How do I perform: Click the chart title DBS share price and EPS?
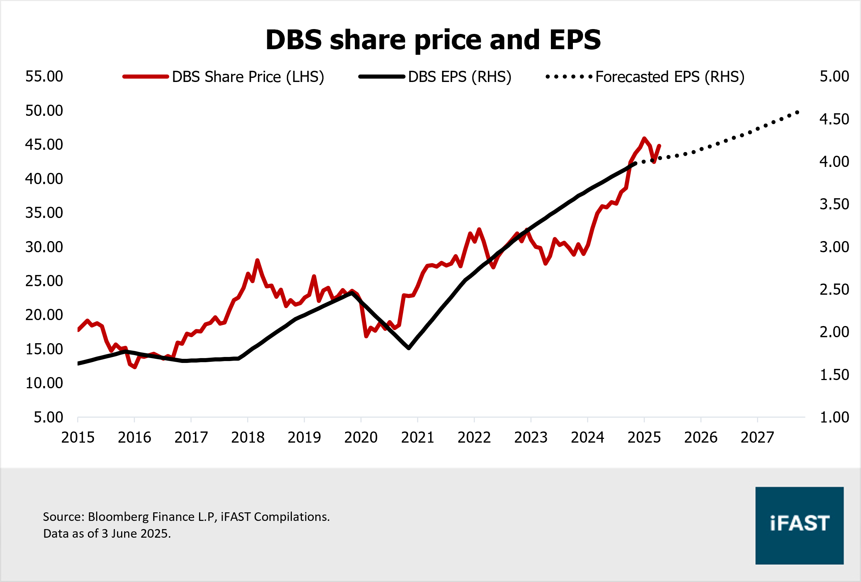pyautogui.click(x=433, y=39)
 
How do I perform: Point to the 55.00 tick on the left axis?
pyautogui.click(x=44, y=76)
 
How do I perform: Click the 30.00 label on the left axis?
pyautogui.click(x=44, y=247)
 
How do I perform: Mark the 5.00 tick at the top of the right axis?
pyautogui.click(x=834, y=76)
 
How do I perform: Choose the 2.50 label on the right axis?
pyautogui.click(x=834, y=290)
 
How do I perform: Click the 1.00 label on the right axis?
pyautogui.click(x=834, y=417)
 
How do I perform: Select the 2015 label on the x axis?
pyautogui.click(x=78, y=437)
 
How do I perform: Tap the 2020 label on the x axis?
pyautogui.click(x=361, y=437)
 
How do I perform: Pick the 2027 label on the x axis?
pyautogui.click(x=757, y=437)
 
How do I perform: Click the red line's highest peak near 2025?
pyautogui.click(x=644, y=138)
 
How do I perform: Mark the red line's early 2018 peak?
pyautogui.click(x=257, y=260)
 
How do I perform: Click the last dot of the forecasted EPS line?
pyautogui.click(x=797, y=112)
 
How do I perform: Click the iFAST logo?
pyautogui.click(x=799, y=525)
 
